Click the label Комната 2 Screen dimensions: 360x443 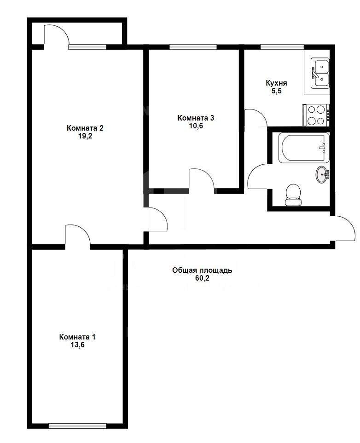click(x=85, y=128)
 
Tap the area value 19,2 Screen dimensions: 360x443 click(x=85, y=136)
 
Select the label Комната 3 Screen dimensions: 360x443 click(x=196, y=118)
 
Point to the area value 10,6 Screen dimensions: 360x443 click(x=196, y=126)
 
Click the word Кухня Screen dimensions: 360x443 click(x=276, y=83)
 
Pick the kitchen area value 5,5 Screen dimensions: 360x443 click(x=277, y=91)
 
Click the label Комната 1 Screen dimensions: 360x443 click(x=77, y=337)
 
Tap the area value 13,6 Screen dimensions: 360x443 click(x=77, y=345)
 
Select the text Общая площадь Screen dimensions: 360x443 click(x=202, y=270)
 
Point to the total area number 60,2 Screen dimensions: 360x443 click(x=202, y=278)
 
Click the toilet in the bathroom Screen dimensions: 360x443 click(x=293, y=195)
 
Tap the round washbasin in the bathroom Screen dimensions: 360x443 click(x=323, y=174)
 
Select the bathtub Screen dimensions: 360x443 click(x=304, y=148)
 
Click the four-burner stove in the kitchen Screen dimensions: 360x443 click(x=316, y=115)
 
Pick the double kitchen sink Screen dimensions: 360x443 click(x=320, y=73)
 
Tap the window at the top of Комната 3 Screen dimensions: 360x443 click(x=193, y=47)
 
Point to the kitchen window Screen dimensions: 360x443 click(x=282, y=47)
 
